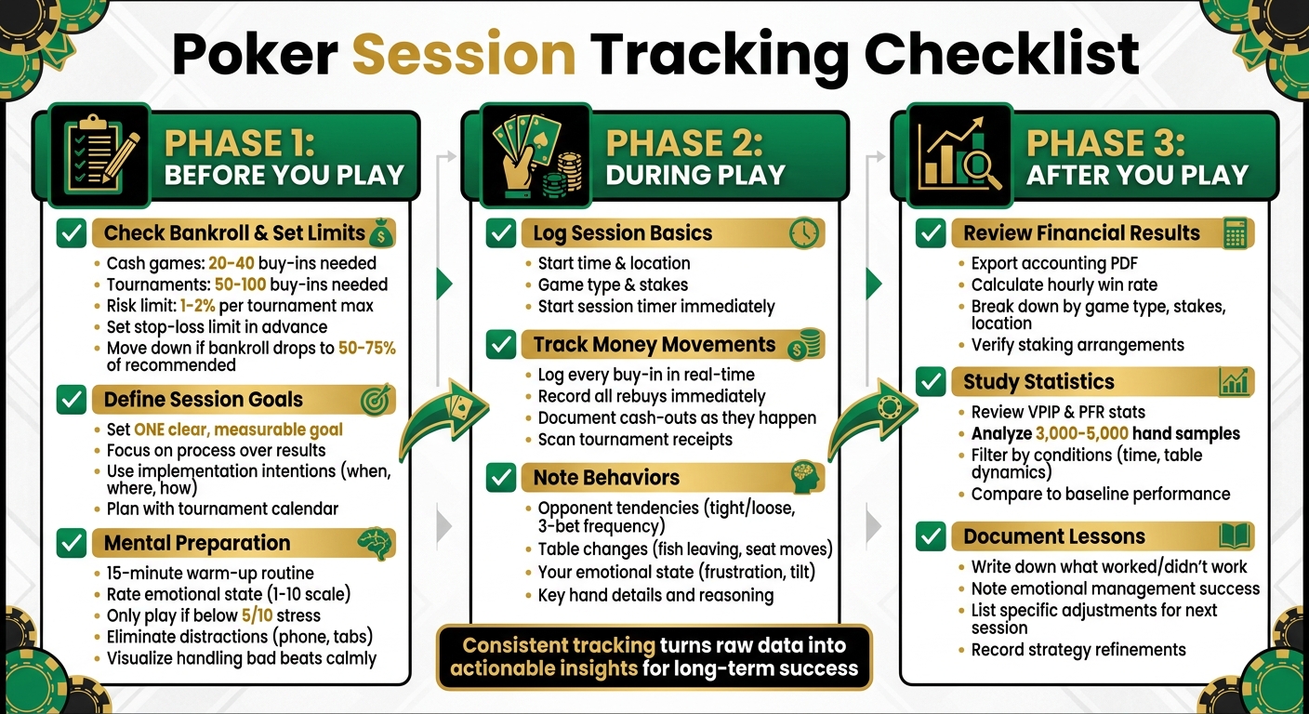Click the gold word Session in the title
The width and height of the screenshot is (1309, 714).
pos(464,53)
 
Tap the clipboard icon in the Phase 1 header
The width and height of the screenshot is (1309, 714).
pos(98,155)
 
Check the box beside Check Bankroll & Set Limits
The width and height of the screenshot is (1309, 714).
pos(72,232)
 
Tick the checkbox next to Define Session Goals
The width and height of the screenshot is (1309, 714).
pos(72,400)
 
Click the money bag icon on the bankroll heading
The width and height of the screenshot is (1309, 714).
pos(379,232)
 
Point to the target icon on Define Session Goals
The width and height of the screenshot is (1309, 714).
pos(376,400)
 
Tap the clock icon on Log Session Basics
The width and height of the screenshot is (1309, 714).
pos(803,233)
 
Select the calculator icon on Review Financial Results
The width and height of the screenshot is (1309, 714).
pos(1235,233)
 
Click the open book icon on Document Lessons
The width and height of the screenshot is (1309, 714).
pos(1234,536)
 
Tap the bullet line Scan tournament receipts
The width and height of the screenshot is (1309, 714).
pos(635,440)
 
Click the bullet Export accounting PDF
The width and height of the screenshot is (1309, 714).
pos(1054,263)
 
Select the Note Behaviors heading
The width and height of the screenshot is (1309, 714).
pos(606,478)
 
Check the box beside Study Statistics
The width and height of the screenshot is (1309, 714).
pos(931,381)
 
